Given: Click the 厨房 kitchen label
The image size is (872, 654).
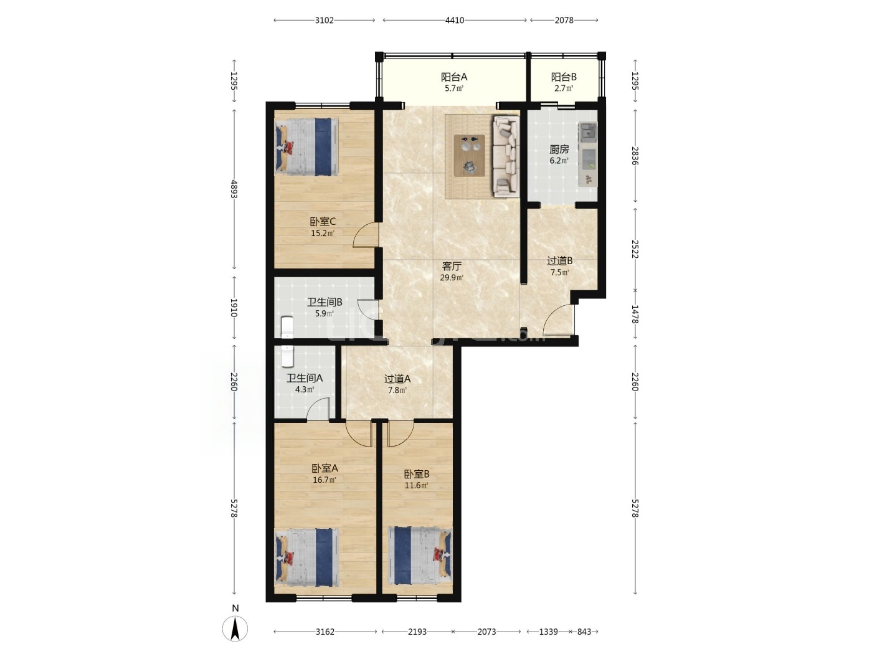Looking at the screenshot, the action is click(x=559, y=149).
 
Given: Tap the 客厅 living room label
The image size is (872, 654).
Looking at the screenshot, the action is click(x=452, y=266).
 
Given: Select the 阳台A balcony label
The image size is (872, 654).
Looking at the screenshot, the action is click(x=454, y=77).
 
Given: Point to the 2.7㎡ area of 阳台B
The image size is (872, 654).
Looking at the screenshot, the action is click(x=563, y=88).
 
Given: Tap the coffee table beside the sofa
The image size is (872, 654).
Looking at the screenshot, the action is click(x=469, y=155).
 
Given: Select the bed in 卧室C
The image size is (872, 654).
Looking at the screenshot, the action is click(x=306, y=146).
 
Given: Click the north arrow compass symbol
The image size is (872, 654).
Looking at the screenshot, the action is click(x=235, y=628).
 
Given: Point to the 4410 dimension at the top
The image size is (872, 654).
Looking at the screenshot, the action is click(x=455, y=21).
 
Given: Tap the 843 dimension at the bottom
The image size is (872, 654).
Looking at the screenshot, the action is click(x=584, y=632).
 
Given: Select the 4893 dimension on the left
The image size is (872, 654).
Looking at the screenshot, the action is click(x=234, y=189).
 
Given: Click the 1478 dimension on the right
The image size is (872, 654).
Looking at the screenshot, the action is click(x=635, y=314).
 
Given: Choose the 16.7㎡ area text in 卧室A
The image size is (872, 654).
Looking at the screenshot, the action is click(x=324, y=480).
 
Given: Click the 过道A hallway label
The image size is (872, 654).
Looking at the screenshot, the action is click(x=397, y=379).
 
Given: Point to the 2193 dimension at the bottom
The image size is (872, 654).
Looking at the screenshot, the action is click(x=417, y=632).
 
